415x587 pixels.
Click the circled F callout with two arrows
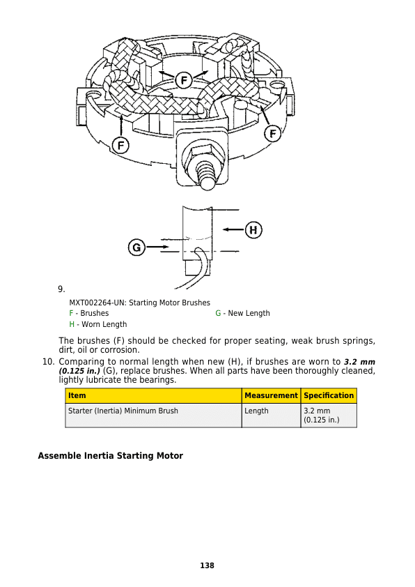183,79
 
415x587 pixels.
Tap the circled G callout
136,247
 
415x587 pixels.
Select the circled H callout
253,229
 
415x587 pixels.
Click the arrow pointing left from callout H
233,229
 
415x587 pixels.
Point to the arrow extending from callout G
157,247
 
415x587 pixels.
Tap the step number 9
61,289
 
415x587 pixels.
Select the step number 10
48,362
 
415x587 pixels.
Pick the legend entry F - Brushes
88,313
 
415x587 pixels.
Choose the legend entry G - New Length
242,313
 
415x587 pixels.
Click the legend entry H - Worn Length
97,324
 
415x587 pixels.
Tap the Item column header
77,395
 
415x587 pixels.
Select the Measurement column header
271,395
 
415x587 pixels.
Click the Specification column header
329,395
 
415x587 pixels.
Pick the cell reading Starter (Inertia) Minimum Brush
123,411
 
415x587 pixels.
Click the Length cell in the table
256,411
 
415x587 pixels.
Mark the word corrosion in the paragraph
120,350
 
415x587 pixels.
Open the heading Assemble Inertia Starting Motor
110,456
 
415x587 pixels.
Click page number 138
207,565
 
